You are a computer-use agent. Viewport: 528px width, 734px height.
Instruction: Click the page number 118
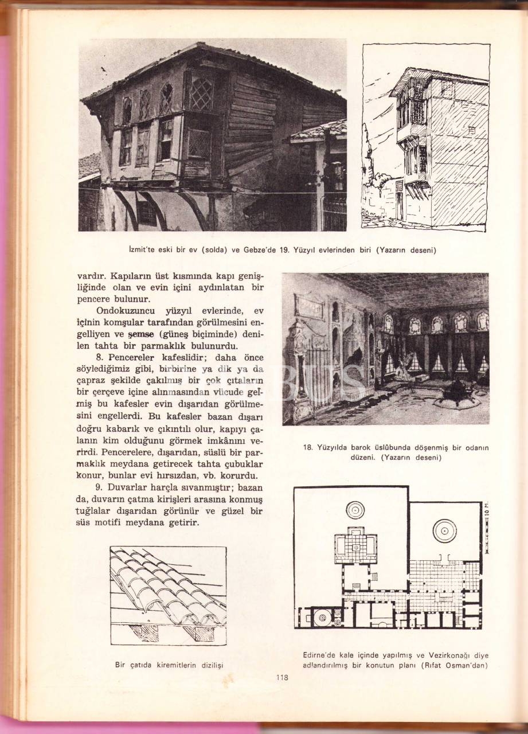[281, 678]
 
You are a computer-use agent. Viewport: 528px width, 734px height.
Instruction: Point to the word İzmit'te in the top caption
[144, 250]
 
